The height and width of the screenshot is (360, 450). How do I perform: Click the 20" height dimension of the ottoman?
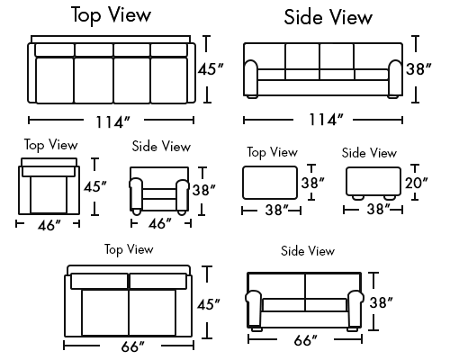tap(417, 183)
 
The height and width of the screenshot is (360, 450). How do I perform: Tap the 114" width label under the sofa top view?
tap(113, 121)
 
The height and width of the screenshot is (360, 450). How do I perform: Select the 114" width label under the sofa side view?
tap(326, 120)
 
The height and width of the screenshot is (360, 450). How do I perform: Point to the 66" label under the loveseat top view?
tap(133, 346)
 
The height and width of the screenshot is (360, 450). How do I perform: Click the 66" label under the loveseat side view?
tap(305, 340)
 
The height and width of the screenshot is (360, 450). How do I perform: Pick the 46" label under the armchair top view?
tap(49, 225)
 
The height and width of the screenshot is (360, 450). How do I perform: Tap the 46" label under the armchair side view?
tap(160, 223)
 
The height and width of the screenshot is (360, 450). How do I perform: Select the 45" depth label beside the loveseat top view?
tap(209, 304)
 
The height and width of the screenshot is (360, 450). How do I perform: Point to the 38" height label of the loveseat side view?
tap(381, 302)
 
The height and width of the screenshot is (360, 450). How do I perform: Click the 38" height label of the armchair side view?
tap(204, 190)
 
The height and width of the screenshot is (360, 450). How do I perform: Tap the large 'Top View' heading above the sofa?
tap(112, 15)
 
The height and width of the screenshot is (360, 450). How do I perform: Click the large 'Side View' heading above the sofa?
tap(328, 17)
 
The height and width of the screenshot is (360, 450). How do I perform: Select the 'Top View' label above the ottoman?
tap(273, 152)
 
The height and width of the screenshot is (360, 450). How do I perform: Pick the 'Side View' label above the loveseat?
tap(308, 251)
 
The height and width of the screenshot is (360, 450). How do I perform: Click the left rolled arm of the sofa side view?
tap(251, 78)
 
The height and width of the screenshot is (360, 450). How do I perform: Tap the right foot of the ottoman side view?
tap(390, 198)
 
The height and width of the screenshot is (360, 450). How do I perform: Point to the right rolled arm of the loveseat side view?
tap(355, 309)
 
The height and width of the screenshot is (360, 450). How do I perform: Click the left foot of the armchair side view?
tap(137, 211)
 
